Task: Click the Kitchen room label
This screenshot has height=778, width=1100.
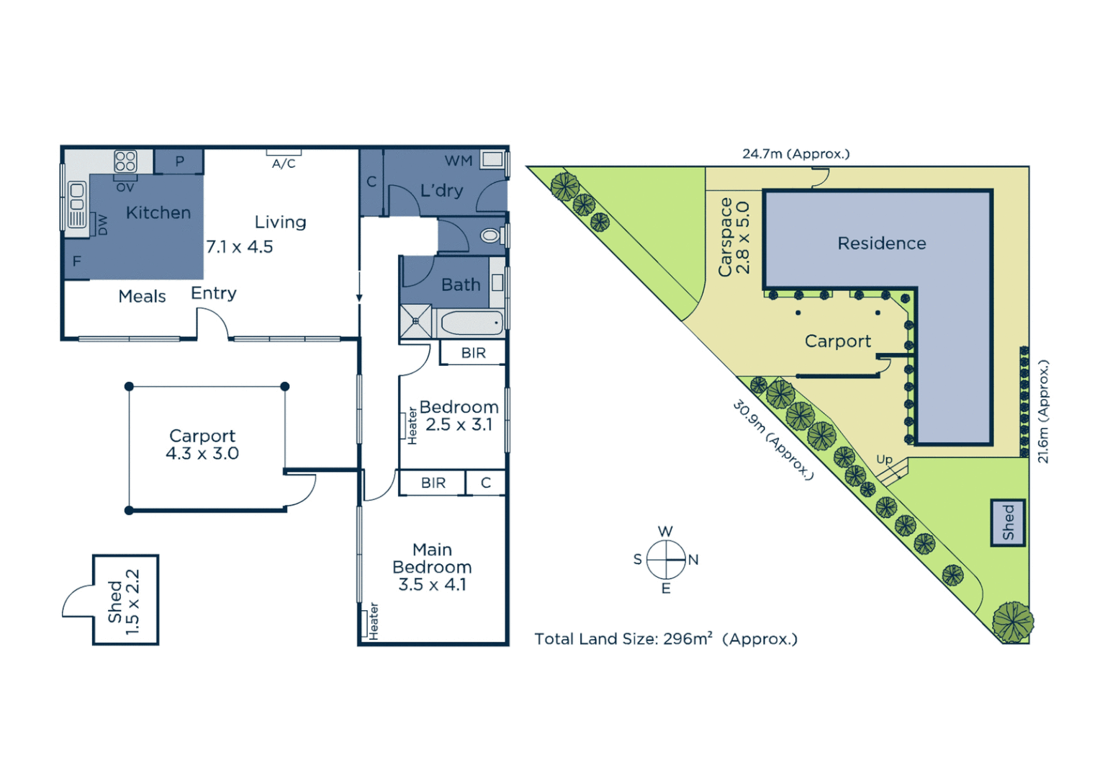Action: [x=158, y=213]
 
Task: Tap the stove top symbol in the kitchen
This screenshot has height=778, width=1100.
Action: [x=125, y=161]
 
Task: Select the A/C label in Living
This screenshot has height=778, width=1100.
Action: [x=284, y=164]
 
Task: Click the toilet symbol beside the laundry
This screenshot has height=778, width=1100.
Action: [x=490, y=236]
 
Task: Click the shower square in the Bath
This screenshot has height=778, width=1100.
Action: [x=415, y=321]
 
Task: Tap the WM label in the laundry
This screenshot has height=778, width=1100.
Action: [x=459, y=161]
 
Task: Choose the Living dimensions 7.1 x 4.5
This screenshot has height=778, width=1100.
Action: [x=240, y=247]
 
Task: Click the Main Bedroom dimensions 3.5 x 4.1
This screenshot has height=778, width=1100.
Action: [x=432, y=584]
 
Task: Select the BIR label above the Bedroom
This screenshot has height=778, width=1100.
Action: [x=473, y=353]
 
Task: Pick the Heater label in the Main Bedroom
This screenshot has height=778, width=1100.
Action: [x=374, y=621]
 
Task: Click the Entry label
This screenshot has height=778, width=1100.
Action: [x=214, y=293]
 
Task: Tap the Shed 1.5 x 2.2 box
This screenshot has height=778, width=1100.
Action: [x=125, y=600]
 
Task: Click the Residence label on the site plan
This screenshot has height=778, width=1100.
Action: [x=882, y=243]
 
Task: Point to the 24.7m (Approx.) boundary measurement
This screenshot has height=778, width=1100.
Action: [x=795, y=154]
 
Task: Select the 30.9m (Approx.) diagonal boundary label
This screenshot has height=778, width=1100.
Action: [x=773, y=440]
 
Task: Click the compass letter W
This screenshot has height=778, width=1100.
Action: [x=665, y=532]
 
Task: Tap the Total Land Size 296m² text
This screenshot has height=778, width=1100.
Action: [x=666, y=639]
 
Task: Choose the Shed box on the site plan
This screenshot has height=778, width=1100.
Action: [x=1008, y=522]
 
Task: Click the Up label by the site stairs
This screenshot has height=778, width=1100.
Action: [x=884, y=460]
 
